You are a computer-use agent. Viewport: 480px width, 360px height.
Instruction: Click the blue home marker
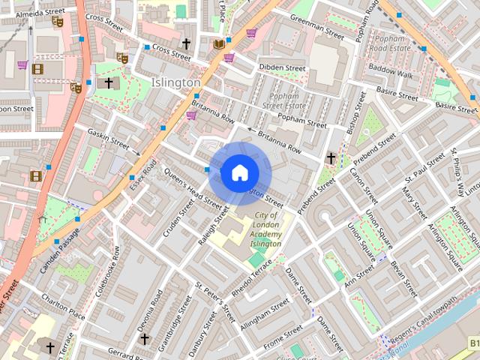point(239,172)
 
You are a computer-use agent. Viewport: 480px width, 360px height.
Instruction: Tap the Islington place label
point(175,82)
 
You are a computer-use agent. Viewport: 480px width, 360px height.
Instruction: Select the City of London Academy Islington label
point(265,229)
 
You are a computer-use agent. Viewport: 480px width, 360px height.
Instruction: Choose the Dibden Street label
point(283,67)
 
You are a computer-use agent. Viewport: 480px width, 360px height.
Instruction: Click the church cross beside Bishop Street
point(331,157)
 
